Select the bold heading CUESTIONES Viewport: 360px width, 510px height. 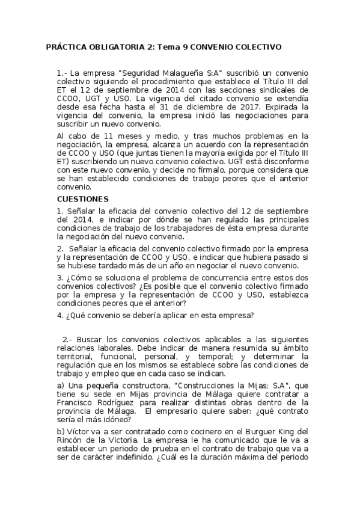[x=82, y=198]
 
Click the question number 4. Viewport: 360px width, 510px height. [x=59, y=315]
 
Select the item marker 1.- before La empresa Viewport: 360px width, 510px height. [x=62, y=73]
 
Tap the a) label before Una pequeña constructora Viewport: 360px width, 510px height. [x=61, y=386]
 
